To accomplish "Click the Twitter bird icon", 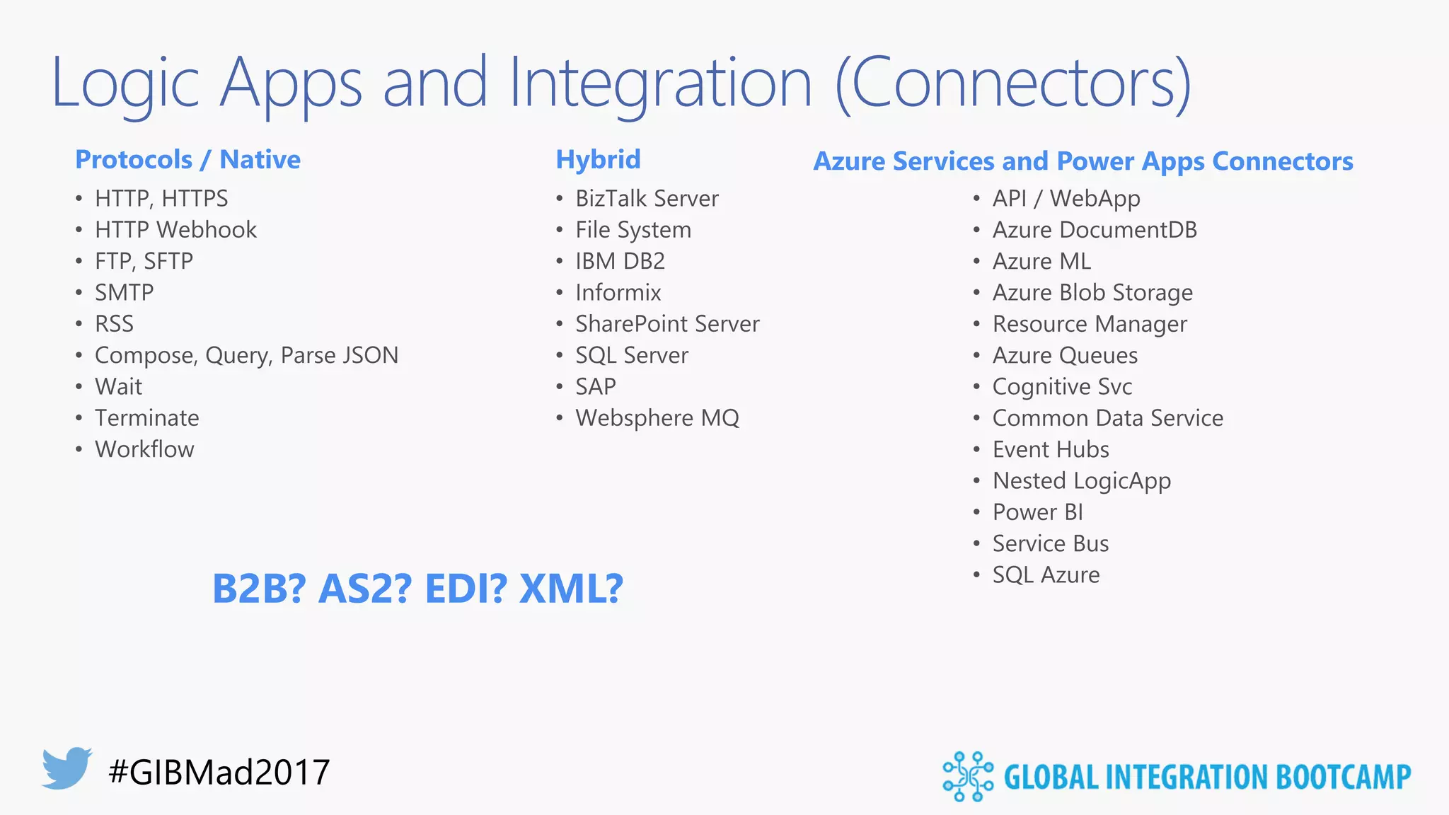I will point(67,768).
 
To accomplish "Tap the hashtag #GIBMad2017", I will point(219,772).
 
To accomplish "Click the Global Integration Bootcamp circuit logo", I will point(968,776).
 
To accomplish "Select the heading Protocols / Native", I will point(187,160).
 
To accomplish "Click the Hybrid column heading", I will point(598,160).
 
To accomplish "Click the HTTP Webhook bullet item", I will point(175,230).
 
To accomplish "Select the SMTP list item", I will point(125,292).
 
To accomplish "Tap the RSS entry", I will point(114,324).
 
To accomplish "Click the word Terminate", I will point(147,418).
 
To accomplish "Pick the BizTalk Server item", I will point(647,199).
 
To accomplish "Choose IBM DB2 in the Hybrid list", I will point(620,261).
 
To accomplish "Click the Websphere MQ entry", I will point(657,418).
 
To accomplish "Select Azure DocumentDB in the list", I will point(1095,230).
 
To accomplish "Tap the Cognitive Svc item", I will point(1062,387).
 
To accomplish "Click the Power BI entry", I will point(1038,512).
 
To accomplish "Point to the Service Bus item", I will point(1051,543).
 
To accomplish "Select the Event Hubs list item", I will point(1051,449).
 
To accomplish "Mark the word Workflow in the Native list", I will point(144,449).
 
